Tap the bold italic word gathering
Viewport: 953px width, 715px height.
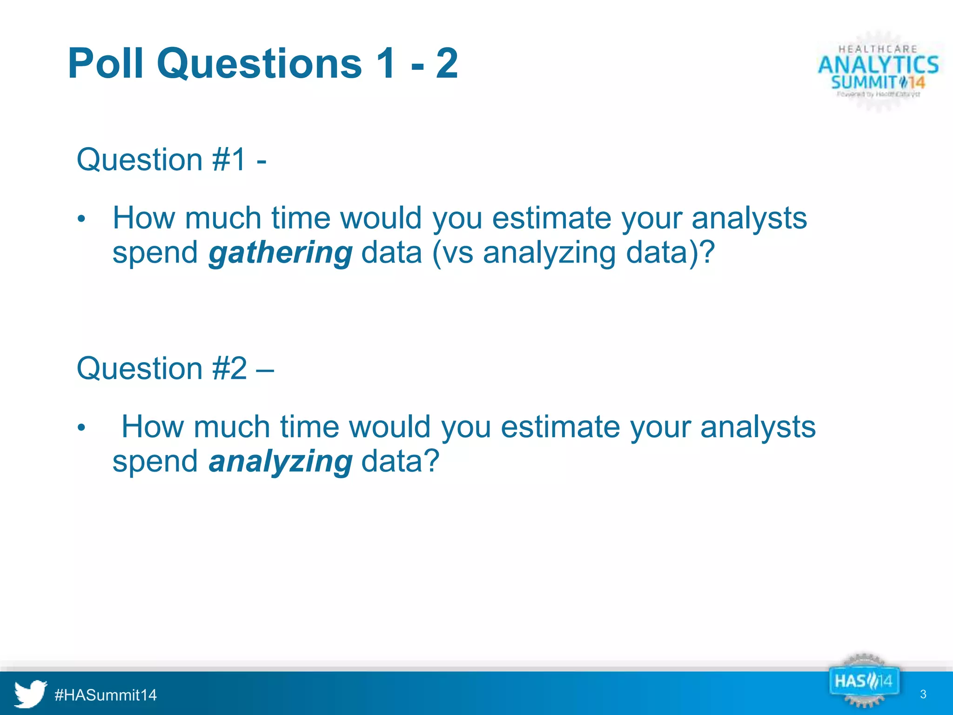pos(280,253)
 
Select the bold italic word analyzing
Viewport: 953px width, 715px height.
pos(280,461)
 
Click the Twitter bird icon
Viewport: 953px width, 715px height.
pos(30,694)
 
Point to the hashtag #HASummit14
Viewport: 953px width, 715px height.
pos(106,695)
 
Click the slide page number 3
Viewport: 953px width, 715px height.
pos(923,695)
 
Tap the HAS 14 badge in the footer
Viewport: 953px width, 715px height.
pos(863,681)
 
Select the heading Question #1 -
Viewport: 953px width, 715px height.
pos(171,160)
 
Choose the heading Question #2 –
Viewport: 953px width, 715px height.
pos(175,368)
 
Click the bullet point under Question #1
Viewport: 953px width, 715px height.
pos(81,219)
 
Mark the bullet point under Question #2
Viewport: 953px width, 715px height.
pos(81,427)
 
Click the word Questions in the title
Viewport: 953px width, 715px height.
pos(259,63)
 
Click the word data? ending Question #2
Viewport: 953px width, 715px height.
pos(400,461)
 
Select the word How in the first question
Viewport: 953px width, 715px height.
pos(144,218)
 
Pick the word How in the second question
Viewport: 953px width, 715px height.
pos(152,426)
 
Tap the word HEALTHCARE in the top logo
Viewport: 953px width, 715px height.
pos(878,49)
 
